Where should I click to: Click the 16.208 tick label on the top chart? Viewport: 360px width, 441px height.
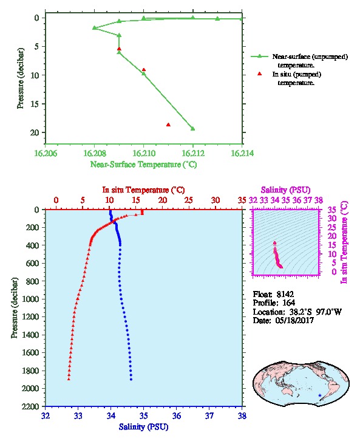click(95, 153)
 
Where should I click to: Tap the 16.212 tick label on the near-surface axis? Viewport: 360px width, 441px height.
click(193, 153)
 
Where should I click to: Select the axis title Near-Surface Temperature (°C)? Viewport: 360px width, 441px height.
click(144, 165)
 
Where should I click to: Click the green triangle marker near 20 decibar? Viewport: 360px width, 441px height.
click(193, 129)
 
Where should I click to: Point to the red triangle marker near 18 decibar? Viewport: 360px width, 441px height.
click(168, 125)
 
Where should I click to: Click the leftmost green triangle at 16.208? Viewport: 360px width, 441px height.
click(95, 27)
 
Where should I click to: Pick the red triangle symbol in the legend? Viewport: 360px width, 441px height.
click(260, 73)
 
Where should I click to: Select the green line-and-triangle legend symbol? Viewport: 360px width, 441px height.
click(259, 56)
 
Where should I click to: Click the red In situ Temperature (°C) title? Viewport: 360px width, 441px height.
click(143, 190)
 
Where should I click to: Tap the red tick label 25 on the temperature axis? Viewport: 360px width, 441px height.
click(189, 200)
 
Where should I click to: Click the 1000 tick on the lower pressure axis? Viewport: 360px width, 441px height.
click(30, 299)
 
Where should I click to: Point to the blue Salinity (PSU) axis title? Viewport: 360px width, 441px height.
click(144, 427)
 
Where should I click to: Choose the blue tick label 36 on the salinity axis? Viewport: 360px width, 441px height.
click(177, 415)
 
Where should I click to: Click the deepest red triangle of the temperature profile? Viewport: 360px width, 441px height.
click(69, 379)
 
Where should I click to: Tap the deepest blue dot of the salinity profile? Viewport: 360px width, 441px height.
click(131, 380)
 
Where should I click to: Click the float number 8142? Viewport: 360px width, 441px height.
click(285, 295)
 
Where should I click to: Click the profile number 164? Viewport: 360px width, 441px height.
click(288, 303)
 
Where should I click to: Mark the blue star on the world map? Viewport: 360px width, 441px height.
click(320, 395)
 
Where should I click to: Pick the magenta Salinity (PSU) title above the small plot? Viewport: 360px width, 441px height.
click(286, 190)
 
